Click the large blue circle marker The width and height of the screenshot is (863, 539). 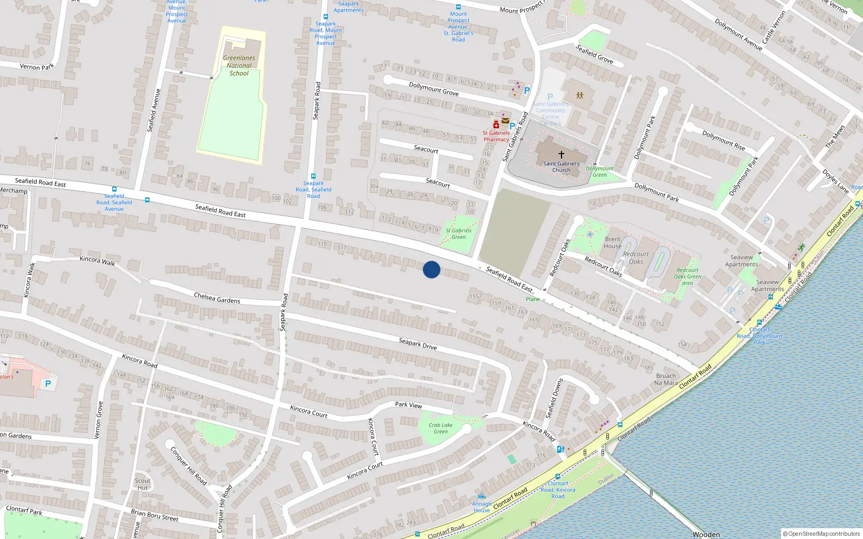point(432,269)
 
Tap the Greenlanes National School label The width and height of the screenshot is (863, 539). point(239,65)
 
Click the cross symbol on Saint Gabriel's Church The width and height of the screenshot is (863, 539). point(561,154)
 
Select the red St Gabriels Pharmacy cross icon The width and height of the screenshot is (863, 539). point(496,125)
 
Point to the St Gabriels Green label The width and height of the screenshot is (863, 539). point(458,233)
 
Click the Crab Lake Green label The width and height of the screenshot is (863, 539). point(441,428)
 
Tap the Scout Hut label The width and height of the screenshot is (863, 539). point(142,484)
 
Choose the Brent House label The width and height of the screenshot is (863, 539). point(612,243)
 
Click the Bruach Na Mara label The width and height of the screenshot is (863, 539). point(666,379)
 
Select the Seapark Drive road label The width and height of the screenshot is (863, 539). point(417,344)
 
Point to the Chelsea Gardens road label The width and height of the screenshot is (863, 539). point(217,298)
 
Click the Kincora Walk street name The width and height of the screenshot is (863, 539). point(97,260)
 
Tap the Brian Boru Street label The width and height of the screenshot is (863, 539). point(154,515)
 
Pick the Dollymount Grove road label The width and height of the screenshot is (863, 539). point(433,89)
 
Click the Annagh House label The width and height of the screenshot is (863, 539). point(482,507)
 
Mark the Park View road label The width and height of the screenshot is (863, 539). point(408,405)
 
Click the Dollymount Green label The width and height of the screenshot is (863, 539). point(599,171)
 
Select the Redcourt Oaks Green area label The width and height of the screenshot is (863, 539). point(687,277)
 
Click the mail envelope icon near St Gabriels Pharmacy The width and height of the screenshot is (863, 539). point(505,121)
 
